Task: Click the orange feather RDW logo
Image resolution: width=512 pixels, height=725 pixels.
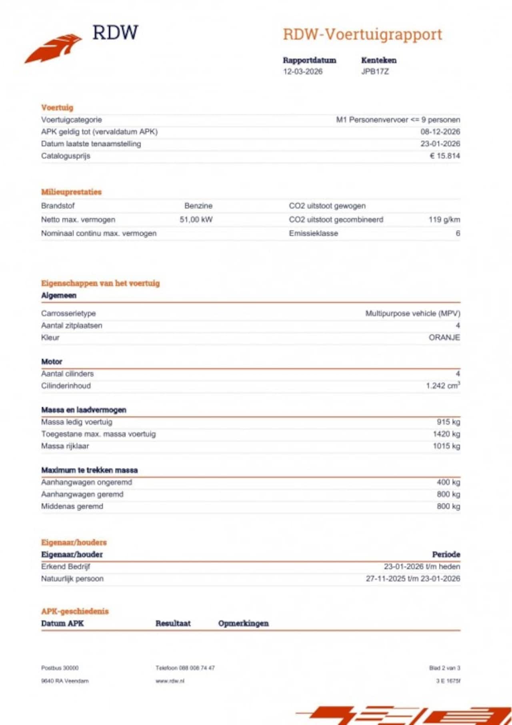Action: point(54,48)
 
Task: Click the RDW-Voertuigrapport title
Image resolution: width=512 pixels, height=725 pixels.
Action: point(362,35)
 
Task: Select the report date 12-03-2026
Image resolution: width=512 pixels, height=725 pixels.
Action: point(303,72)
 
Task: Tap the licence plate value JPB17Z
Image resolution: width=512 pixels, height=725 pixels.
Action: point(375,72)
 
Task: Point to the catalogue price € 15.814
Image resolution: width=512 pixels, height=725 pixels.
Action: point(445,156)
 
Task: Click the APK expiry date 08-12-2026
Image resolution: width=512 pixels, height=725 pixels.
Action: point(440,132)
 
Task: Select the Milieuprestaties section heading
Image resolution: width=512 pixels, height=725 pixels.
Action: point(71,192)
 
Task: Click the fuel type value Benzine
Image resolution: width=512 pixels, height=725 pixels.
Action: point(198,206)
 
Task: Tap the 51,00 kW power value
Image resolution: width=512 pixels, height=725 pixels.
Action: point(196,219)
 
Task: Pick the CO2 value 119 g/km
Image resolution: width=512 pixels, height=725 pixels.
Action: point(444,219)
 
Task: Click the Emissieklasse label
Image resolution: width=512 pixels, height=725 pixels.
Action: point(313,233)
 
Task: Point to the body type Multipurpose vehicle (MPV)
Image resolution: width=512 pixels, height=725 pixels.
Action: point(412,313)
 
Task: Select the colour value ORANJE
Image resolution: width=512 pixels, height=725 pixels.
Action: point(444,337)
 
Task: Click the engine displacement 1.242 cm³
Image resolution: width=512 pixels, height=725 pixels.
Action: point(443,386)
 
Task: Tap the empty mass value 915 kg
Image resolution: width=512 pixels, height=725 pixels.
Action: point(448,422)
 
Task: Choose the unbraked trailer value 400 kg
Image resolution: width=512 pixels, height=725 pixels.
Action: point(448,482)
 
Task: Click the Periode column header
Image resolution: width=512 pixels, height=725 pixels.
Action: point(446,554)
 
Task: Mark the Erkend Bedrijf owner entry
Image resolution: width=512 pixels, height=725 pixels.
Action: point(66,567)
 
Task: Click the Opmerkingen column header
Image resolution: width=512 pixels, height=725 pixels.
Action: point(243,623)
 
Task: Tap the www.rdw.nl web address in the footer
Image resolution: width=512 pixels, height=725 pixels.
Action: point(170,681)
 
